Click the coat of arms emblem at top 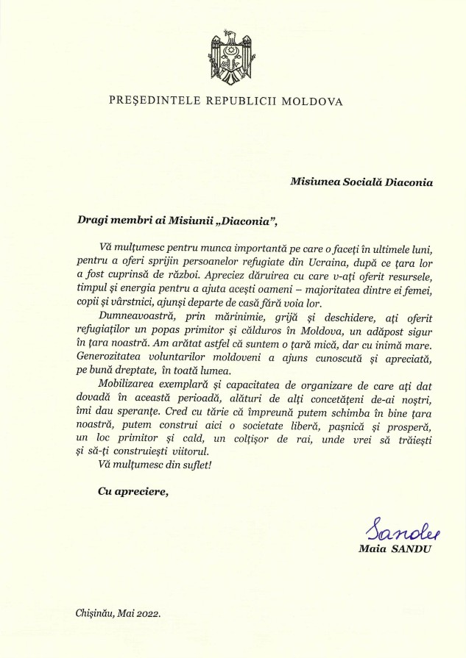tap(233, 54)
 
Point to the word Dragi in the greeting tap(93, 218)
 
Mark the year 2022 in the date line tap(148, 612)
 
